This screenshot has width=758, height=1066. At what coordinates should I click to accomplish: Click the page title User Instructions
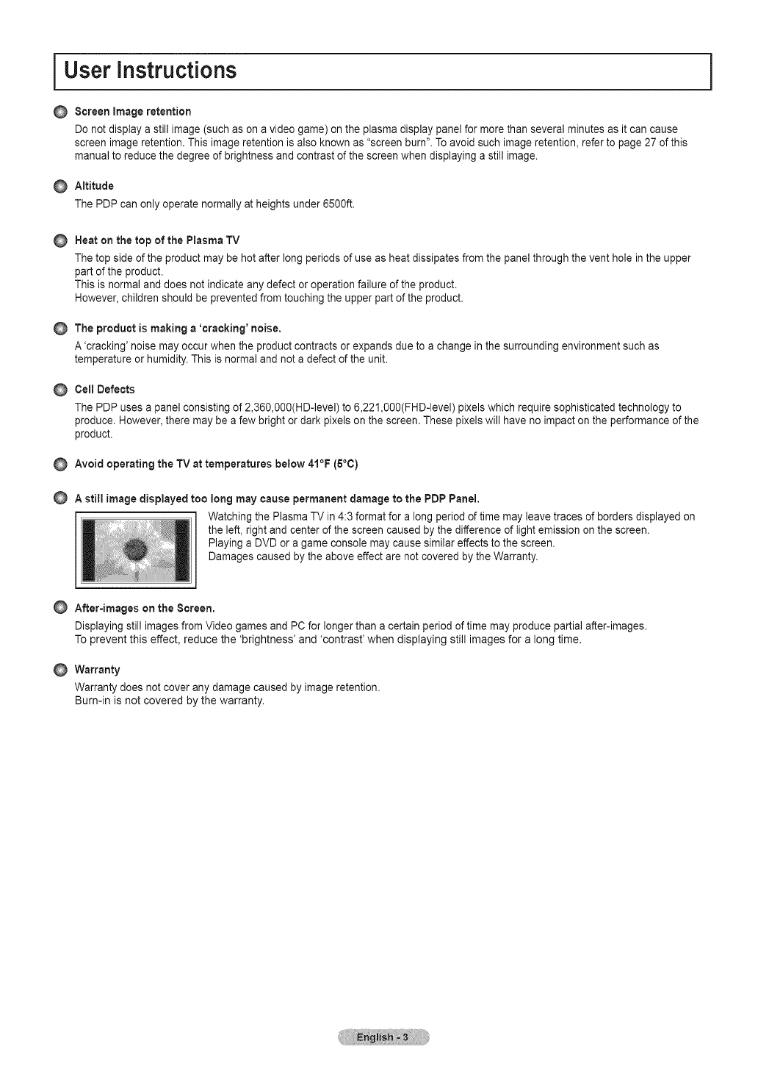[151, 71]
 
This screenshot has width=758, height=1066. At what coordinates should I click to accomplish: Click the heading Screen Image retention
[132, 112]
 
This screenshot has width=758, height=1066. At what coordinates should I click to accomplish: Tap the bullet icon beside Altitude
[60, 186]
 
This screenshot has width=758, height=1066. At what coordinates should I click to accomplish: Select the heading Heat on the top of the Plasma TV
[157, 240]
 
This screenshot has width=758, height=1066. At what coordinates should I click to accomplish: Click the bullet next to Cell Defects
[60, 390]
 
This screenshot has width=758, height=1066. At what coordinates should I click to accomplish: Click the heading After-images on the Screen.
[145, 609]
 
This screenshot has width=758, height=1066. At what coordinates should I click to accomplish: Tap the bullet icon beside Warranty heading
[60, 670]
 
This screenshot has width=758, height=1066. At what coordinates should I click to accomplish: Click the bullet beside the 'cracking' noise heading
[60, 328]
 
